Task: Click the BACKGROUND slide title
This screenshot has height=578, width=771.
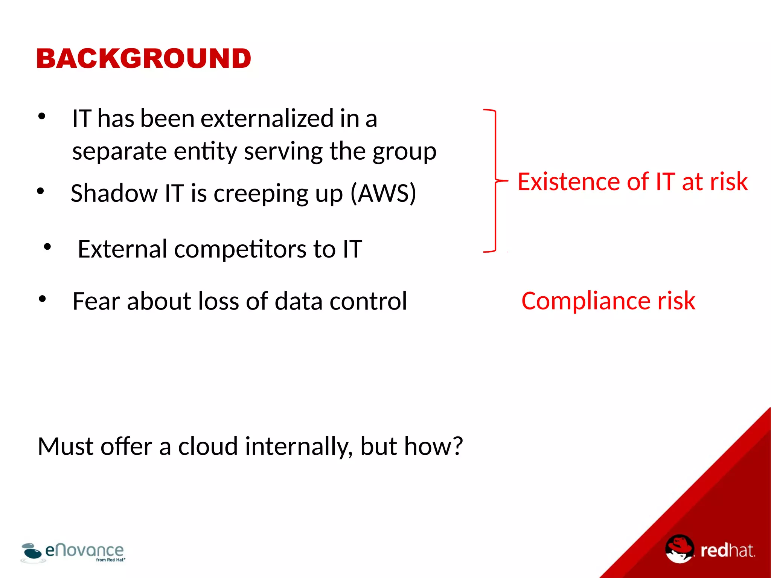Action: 143,59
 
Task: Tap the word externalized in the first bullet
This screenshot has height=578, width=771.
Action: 267,119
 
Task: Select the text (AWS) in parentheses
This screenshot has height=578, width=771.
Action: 383,193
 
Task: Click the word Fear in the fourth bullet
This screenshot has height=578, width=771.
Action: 96,301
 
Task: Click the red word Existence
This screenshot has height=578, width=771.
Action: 568,182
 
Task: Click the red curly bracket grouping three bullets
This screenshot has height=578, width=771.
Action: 495,181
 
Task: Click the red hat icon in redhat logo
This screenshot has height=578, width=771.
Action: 679,548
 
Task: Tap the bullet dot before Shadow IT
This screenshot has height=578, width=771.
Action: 41,191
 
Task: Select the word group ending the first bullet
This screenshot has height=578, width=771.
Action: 404,152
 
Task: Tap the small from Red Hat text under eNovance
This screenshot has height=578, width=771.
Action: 110,560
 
